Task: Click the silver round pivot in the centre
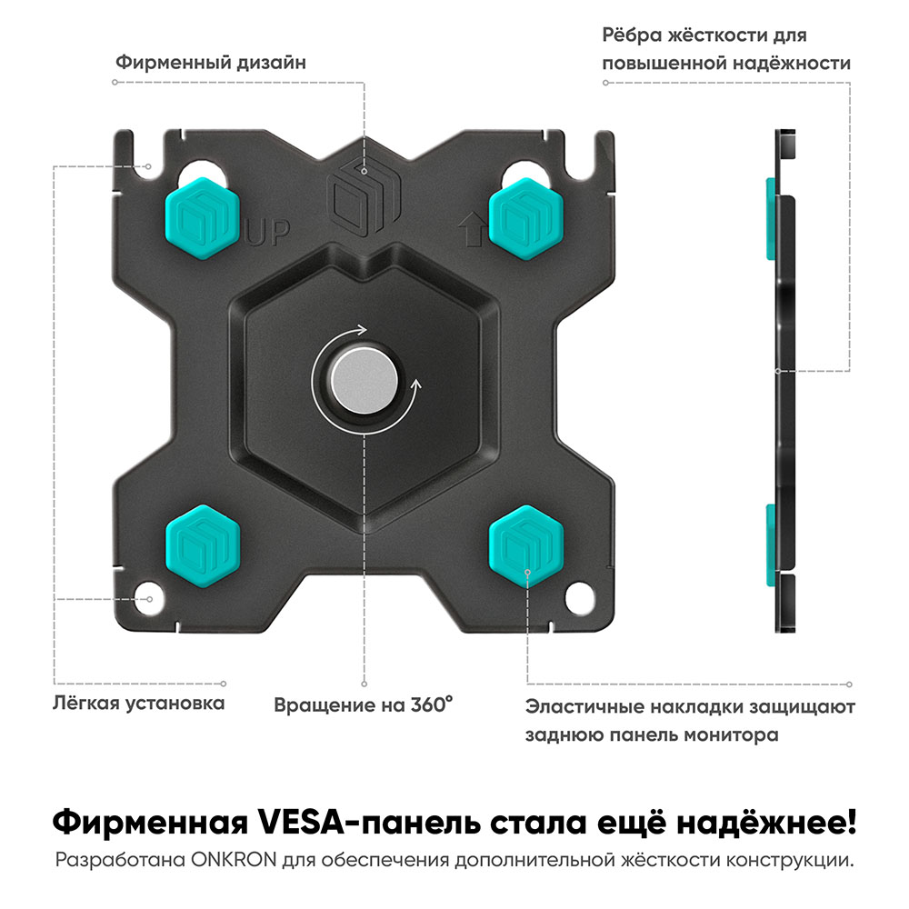[362, 381]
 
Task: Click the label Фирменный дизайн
[210, 63]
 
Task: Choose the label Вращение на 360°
[364, 705]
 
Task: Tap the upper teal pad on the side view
[771, 218]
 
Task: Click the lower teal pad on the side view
[771, 545]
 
